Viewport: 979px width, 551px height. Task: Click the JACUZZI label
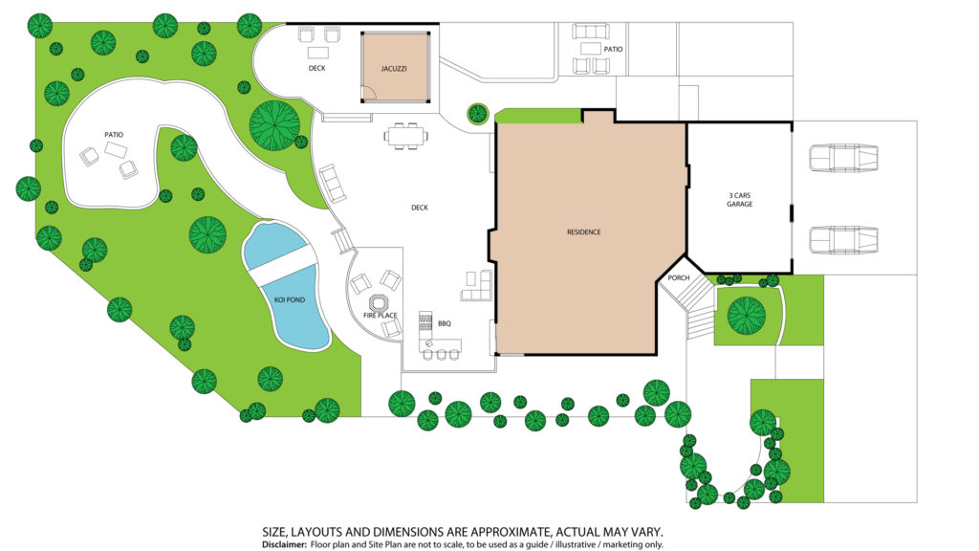[394, 69]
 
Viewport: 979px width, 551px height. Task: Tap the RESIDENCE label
[584, 232]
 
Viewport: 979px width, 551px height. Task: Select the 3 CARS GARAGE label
[739, 200]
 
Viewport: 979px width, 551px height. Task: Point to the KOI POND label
[290, 299]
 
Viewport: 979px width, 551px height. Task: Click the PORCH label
[679, 278]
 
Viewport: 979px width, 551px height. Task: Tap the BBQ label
[444, 323]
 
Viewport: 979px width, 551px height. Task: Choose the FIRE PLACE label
[381, 316]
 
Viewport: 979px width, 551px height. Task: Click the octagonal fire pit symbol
[378, 303]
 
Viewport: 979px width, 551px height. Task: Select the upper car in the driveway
[843, 158]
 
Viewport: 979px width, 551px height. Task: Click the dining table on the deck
[406, 136]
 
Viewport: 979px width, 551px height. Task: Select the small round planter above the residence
[478, 113]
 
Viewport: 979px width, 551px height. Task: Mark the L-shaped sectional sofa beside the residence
[477, 286]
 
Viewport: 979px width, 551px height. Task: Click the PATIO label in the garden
[114, 134]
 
